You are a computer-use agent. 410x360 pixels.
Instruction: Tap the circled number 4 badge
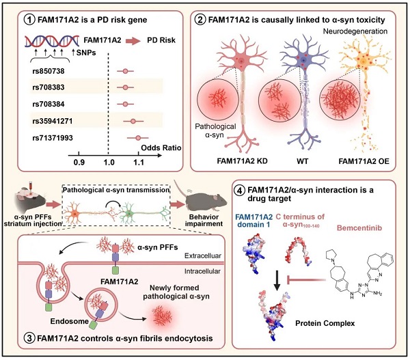pyautogui.click(x=238, y=187)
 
